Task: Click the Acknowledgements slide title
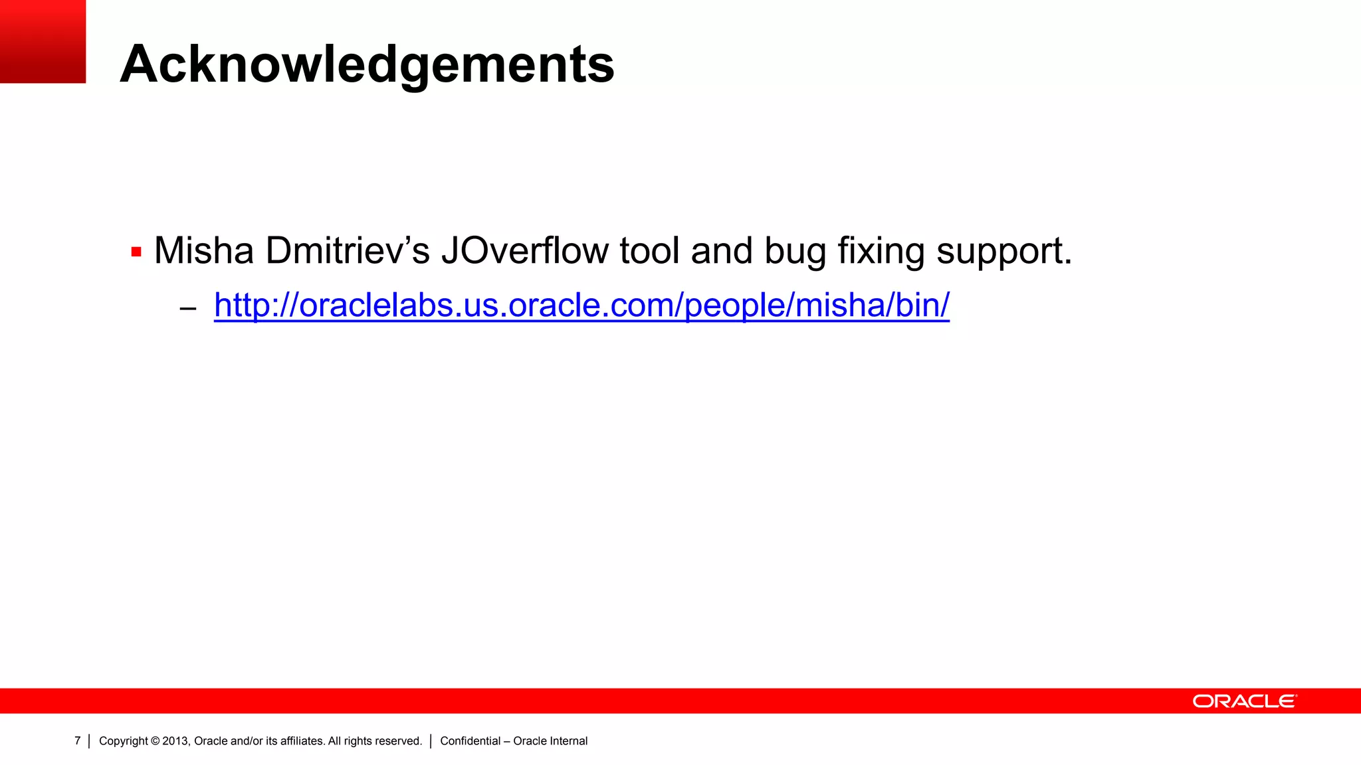point(367,64)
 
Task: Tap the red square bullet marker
point(136,252)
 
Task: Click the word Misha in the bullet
point(204,251)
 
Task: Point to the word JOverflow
point(524,251)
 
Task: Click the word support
point(1003,252)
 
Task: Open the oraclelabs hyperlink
point(581,305)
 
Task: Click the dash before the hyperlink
point(188,308)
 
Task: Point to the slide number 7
point(77,741)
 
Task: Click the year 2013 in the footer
point(176,741)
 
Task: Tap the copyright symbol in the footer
point(156,741)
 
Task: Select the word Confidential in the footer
point(471,741)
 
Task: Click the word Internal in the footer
point(568,741)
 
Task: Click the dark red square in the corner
point(43,41)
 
